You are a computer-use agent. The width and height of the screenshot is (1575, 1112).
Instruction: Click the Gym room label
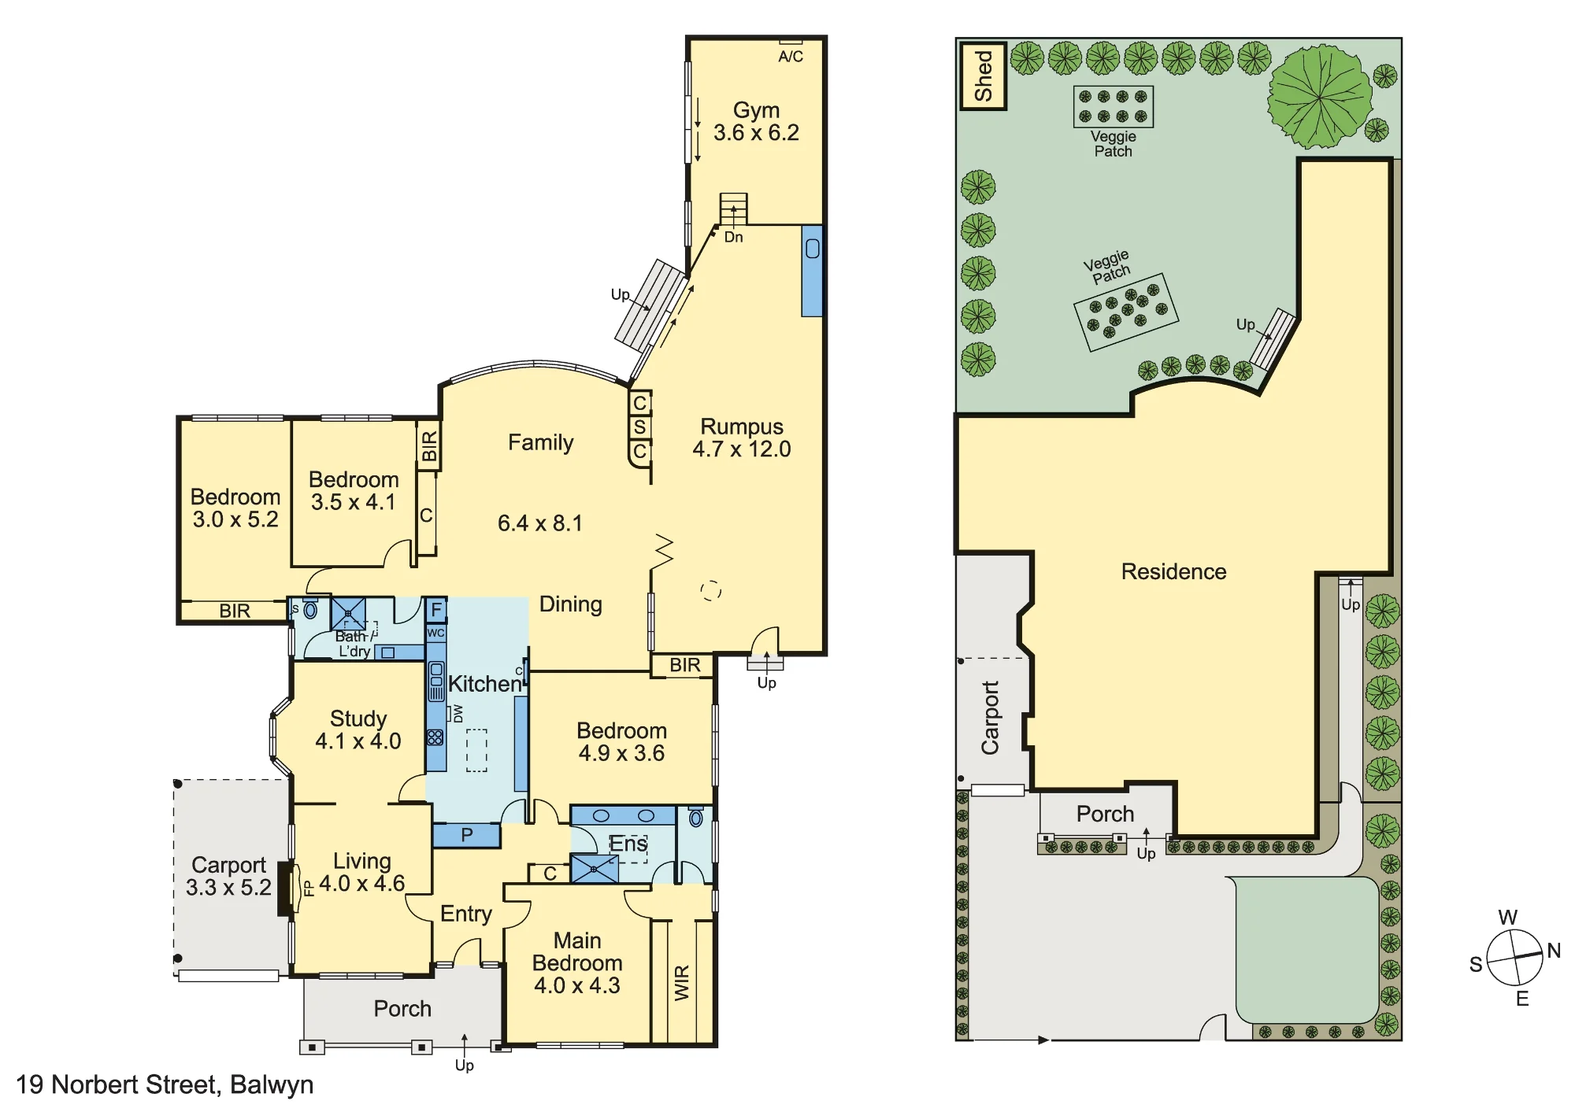(x=756, y=110)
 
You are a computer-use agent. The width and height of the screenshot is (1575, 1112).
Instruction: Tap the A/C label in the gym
(x=791, y=57)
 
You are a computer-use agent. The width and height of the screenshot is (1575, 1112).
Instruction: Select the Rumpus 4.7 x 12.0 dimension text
(x=742, y=449)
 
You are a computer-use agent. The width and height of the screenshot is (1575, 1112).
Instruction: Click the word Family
(x=540, y=443)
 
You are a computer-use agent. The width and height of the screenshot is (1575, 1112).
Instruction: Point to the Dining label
(x=571, y=604)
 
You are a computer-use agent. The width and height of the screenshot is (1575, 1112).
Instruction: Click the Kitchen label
(x=485, y=684)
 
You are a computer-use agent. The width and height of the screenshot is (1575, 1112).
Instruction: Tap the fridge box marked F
(x=435, y=610)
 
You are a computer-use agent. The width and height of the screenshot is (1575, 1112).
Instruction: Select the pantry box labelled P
(x=466, y=835)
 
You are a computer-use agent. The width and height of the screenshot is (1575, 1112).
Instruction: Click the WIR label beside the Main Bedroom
(x=682, y=983)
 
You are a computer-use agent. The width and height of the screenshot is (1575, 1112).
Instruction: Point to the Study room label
(x=358, y=719)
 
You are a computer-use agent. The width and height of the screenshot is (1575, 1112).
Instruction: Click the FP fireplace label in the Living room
(x=309, y=888)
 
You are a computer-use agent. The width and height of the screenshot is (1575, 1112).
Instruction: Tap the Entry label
(x=466, y=914)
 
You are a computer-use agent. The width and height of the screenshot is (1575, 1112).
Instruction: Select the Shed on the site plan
(x=983, y=76)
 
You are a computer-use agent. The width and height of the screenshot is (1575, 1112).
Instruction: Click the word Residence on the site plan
(x=1173, y=571)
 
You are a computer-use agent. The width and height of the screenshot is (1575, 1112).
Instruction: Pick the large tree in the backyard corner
(x=1319, y=96)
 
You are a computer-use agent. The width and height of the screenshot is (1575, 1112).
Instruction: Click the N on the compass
(x=1554, y=951)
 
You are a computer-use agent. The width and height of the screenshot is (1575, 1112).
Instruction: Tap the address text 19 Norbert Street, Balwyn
(x=165, y=1085)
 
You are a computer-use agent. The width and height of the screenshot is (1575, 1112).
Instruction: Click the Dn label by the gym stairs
(x=733, y=237)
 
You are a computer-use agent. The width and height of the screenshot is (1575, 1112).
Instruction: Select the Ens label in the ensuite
(x=628, y=844)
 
